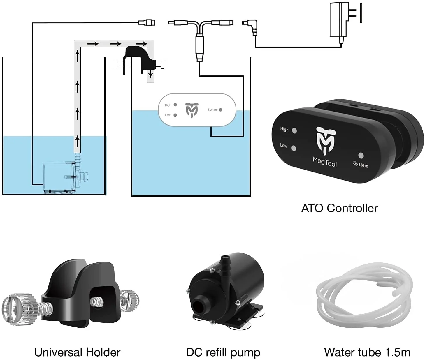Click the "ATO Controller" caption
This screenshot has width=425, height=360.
339,208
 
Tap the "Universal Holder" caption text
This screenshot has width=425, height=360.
77,352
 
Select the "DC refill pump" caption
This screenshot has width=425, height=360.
223,352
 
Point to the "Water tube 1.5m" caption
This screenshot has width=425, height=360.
367,352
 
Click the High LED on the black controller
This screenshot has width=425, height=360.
294,130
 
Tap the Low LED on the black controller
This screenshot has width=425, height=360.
294,149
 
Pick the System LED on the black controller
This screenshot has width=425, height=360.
361,155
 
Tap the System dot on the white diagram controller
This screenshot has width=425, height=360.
221,110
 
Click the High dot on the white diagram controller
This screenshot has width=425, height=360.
175,105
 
